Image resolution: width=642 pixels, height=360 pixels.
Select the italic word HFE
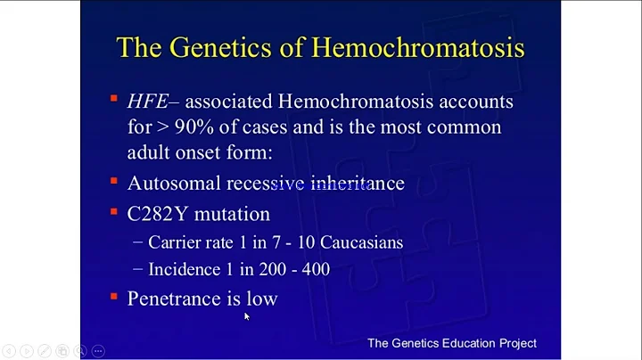click(x=149, y=102)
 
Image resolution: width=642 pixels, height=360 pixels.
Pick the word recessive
click(x=266, y=183)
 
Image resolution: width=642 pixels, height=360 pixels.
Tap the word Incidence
click(x=185, y=268)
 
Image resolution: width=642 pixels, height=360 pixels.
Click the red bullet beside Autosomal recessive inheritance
click(x=114, y=182)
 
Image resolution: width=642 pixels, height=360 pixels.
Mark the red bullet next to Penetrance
click(x=114, y=297)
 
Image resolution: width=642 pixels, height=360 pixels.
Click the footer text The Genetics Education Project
click(x=452, y=342)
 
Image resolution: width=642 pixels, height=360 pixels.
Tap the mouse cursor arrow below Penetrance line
click(x=248, y=316)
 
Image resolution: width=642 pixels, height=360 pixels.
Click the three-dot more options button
click(x=98, y=351)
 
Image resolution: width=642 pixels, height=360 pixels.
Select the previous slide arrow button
click(x=8, y=351)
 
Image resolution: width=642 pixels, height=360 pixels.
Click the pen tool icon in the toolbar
click(x=45, y=351)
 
